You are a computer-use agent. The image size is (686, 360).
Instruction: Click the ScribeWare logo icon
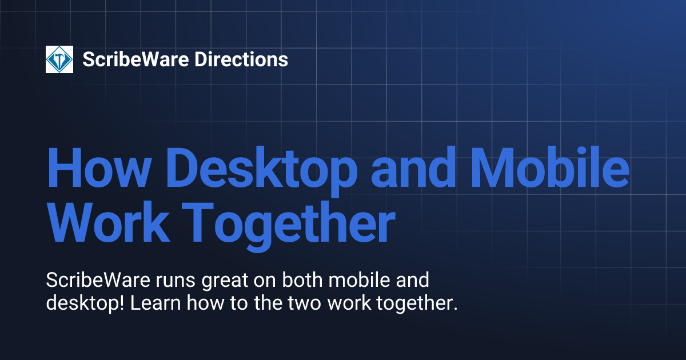[x=59, y=59]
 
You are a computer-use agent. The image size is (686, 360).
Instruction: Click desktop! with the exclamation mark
[x=85, y=303]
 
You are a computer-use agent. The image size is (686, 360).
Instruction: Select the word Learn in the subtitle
[x=154, y=303]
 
